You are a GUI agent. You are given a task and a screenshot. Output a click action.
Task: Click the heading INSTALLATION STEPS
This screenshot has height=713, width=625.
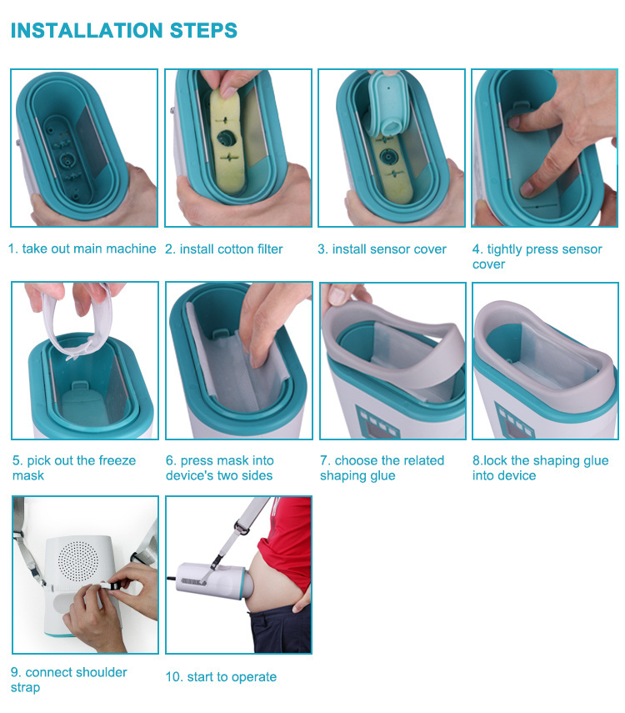point(123,31)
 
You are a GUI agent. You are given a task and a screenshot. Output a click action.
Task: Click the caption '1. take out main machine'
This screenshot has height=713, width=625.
point(82,249)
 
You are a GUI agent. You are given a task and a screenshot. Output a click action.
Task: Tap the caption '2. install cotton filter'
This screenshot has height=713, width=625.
point(223,249)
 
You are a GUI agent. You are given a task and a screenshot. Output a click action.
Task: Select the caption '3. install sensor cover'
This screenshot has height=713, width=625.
point(382,249)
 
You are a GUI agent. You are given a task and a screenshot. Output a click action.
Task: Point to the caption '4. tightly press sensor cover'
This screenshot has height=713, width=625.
point(537,257)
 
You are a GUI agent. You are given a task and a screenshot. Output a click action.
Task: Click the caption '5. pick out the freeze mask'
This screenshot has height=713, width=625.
point(74,468)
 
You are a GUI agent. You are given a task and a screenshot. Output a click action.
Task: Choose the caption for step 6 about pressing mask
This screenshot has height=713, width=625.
point(219,468)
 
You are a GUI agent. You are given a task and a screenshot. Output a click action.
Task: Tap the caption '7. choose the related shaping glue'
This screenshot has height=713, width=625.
point(382,468)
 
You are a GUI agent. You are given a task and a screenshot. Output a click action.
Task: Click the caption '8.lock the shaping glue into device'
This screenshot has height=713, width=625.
point(541,468)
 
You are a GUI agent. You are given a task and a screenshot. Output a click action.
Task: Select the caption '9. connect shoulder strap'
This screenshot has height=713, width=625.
point(68,680)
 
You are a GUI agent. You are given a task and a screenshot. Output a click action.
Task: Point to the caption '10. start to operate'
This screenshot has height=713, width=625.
point(221,676)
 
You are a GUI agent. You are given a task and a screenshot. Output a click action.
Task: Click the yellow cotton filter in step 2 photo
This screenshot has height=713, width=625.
point(227,138)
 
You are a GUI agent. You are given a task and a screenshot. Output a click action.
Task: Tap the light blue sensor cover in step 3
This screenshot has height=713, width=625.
point(387,104)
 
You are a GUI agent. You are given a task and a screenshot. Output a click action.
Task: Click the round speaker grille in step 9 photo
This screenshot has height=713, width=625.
point(78,560)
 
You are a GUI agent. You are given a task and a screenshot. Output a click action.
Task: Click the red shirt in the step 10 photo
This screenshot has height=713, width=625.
point(287,541)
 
